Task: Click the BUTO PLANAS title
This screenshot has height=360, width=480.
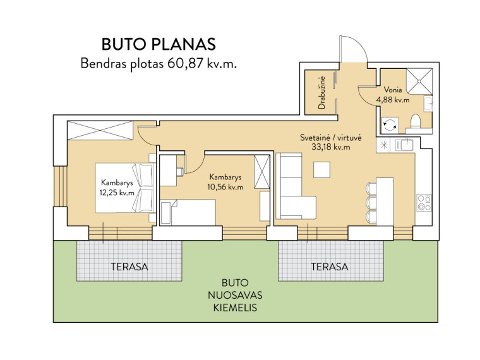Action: click(x=159, y=44)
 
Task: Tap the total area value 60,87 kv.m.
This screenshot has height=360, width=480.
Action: click(x=202, y=64)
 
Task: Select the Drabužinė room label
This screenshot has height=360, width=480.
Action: click(x=321, y=92)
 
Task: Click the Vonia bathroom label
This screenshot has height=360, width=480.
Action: click(x=393, y=90)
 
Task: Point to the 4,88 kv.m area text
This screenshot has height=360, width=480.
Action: click(x=393, y=100)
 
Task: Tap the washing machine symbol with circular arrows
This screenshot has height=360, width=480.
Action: click(x=390, y=124)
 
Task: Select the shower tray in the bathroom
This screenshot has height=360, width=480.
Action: click(x=419, y=81)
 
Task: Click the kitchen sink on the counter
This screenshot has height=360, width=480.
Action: click(x=404, y=145)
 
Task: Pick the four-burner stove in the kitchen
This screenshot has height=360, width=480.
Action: click(x=424, y=203)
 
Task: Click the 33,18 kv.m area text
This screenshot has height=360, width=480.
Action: click(x=330, y=147)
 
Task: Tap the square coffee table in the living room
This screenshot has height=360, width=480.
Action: click(x=321, y=170)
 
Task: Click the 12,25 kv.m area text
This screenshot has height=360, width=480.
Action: click(x=117, y=193)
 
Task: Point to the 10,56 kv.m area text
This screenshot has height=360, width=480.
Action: click(x=225, y=187)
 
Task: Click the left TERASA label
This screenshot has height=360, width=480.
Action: click(x=129, y=267)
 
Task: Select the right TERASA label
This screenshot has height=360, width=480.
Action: click(x=330, y=267)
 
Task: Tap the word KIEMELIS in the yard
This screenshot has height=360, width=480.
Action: click(x=235, y=308)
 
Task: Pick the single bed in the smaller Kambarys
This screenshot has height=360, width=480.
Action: click(x=188, y=212)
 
